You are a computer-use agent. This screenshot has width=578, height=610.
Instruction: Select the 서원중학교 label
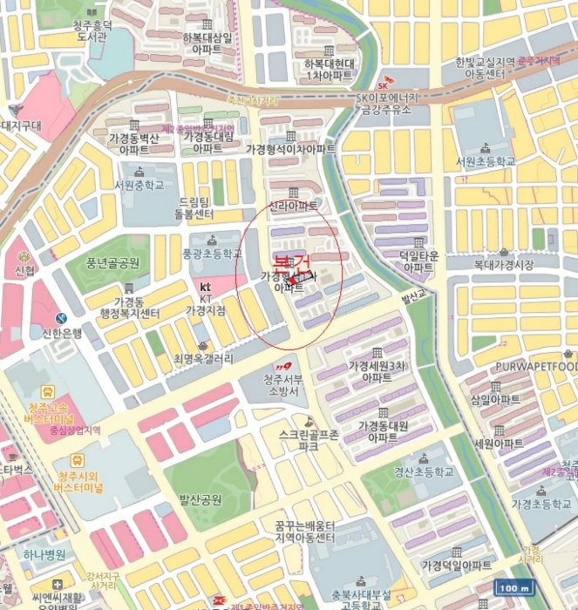[x=139, y=185]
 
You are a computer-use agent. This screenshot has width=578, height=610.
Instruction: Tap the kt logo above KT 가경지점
[x=206, y=286]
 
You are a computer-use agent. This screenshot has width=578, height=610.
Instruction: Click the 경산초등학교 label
[x=424, y=472]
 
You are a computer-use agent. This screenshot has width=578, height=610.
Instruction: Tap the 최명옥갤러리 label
[x=203, y=358]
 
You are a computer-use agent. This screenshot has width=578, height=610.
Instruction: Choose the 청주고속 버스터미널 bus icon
[x=47, y=392]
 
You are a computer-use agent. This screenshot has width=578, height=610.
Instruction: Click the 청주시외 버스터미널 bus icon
[x=78, y=459]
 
